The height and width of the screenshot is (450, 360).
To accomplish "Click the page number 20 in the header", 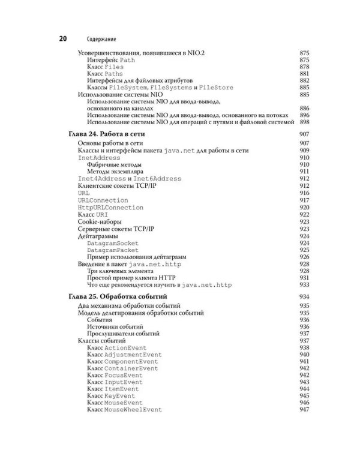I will (62, 39).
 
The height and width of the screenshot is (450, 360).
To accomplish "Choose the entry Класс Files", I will (105, 67).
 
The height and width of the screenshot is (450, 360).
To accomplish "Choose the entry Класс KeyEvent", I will (115, 395).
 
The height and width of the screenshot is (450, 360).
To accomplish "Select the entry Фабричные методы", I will (115, 164).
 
